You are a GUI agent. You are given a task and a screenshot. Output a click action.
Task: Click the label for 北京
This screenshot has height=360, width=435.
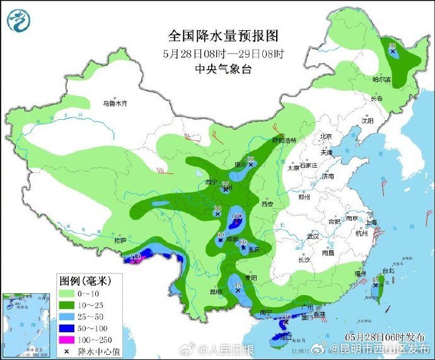click(325, 136)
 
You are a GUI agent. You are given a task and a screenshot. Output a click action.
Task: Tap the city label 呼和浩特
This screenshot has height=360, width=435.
click(284, 139)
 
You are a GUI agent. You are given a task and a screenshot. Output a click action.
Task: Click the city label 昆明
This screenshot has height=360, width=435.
click(216, 292)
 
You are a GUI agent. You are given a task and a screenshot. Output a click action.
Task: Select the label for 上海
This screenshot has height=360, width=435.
click(371, 222)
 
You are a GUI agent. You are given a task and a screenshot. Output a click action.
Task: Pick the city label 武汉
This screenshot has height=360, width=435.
click(313, 236)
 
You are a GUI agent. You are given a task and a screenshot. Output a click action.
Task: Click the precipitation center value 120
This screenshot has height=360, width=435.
click(238, 216)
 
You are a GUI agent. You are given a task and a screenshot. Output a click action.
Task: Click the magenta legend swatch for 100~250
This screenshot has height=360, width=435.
click(67, 339)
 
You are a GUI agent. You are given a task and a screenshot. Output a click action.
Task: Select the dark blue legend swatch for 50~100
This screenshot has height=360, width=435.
click(67, 327)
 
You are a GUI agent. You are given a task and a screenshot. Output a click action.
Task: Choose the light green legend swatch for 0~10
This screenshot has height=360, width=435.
click(67, 293)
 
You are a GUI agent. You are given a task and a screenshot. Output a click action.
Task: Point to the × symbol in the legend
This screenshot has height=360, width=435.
click(67, 350)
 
